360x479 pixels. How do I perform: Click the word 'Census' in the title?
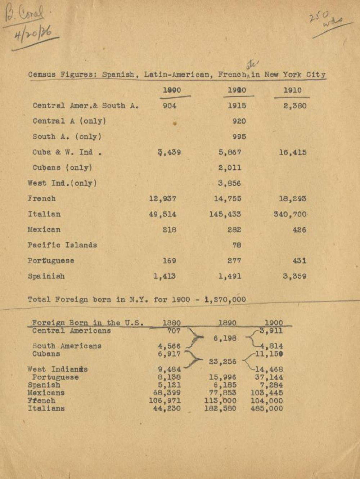coord(42,75)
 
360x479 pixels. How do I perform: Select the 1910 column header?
coord(292,90)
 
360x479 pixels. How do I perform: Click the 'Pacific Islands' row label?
coord(62,245)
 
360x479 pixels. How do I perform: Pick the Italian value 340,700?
coord(290,214)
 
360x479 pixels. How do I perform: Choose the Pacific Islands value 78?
coord(237,245)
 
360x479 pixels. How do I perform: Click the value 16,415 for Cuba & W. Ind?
coord(292,152)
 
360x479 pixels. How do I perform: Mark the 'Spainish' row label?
coord(46,276)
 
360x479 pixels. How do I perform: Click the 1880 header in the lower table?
coord(171,323)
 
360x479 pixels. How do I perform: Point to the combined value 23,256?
coord(222,362)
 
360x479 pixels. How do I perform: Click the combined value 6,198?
coord(225,338)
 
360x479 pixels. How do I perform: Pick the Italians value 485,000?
coord(266,408)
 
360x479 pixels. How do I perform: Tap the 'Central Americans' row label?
coord(71,331)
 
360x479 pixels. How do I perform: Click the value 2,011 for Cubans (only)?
coord(229,168)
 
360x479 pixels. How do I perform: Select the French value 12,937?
coord(162,199)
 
